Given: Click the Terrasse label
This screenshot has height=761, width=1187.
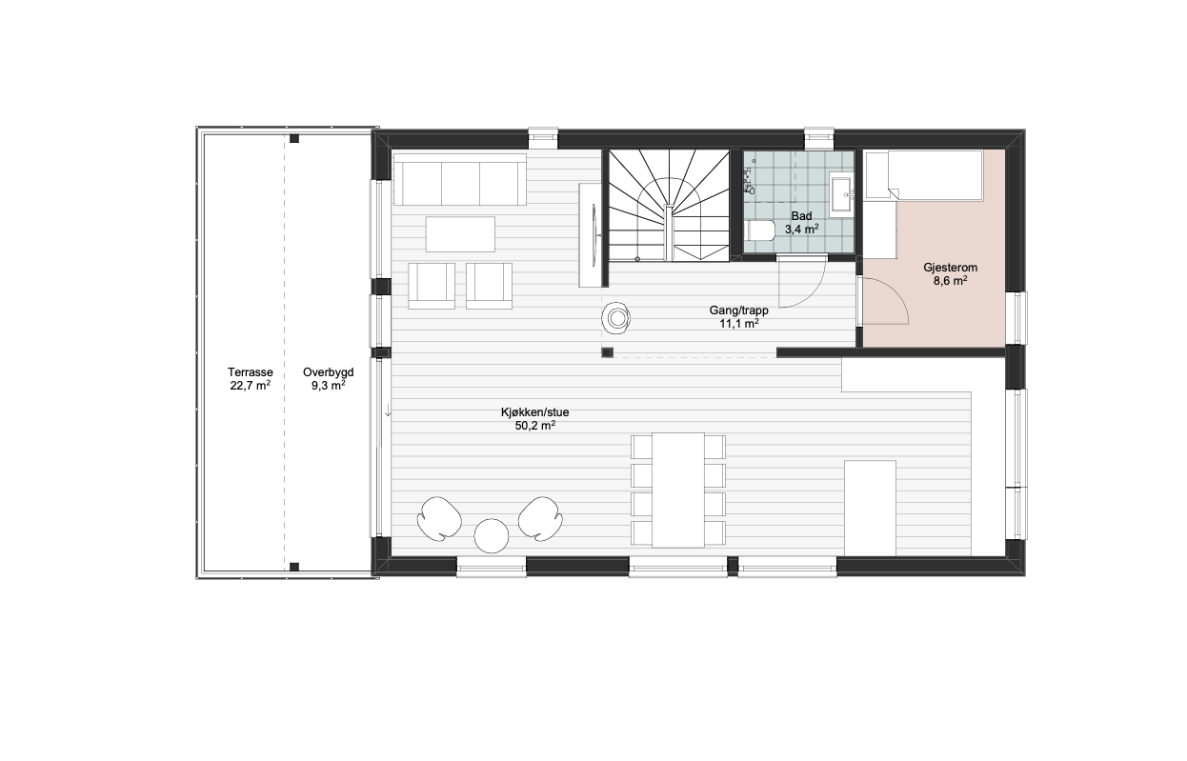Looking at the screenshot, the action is click(251, 372).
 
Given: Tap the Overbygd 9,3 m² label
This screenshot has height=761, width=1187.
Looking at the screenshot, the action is click(329, 379).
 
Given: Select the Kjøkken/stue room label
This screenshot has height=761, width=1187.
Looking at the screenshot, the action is click(535, 412).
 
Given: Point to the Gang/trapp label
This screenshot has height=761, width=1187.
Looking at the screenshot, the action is click(738, 310).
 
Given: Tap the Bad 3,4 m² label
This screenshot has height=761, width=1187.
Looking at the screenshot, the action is click(802, 223).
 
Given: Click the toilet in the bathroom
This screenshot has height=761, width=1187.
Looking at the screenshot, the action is click(760, 230).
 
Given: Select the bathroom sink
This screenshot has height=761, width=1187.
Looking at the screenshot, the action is click(842, 194).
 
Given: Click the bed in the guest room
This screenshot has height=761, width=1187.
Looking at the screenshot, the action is click(924, 175).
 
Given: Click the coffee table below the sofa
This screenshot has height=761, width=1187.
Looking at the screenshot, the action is click(460, 234).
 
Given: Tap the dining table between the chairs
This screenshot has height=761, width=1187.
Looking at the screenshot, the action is click(678, 491).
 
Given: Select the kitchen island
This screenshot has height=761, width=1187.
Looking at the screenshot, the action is click(870, 509).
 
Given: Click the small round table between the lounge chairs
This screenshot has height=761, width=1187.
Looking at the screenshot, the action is click(492, 536).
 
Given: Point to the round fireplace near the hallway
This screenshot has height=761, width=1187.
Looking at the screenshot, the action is click(616, 318).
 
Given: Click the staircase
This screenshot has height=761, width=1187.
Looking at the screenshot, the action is click(669, 205).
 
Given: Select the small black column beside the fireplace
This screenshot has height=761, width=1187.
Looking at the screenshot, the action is click(607, 352).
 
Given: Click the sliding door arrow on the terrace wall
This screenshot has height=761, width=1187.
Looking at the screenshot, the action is click(389, 411).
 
